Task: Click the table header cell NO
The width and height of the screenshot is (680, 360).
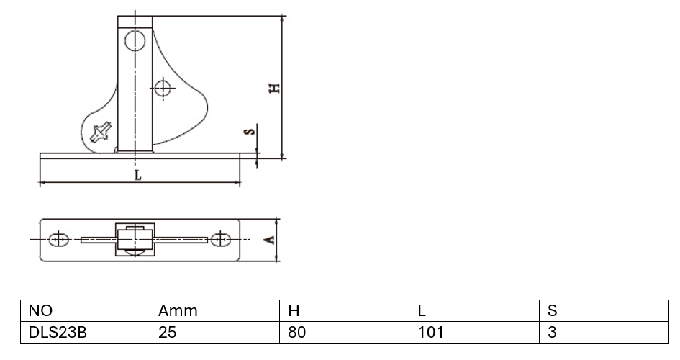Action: (x=85, y=310)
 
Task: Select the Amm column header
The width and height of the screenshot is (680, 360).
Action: (x=214, y=310)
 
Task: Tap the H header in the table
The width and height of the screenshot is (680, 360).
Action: (x=345, y=310)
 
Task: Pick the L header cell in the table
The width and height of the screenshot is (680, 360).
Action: (x=474, y=310)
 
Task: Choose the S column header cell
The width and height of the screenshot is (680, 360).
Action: (x=604, y=310)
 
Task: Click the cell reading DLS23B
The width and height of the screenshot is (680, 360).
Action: (x=85, y=332)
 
